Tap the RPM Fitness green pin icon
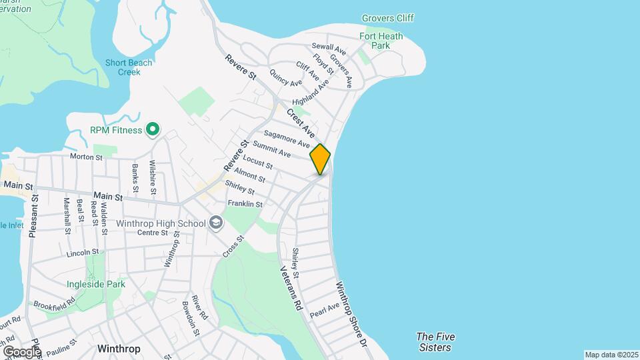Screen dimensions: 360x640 [153, 129]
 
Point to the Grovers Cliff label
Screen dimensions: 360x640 [387, 18]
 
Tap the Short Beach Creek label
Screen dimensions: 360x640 [129, 68]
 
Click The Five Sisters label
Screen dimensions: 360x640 [433, 342]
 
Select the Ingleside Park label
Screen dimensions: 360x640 [96, 284]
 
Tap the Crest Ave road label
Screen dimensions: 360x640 [300, 124]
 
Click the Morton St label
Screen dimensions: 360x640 [87, 157]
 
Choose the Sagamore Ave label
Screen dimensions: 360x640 [287, 139]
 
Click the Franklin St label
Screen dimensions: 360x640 [245, 203]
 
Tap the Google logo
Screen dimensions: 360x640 [22, 351]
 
